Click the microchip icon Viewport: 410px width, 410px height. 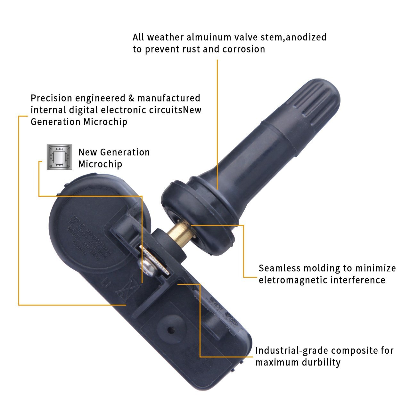[59, 157]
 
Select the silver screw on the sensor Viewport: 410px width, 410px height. [148, 264]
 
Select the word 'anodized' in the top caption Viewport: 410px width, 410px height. [306, 37]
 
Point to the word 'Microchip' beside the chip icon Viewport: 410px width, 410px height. [100, 164]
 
